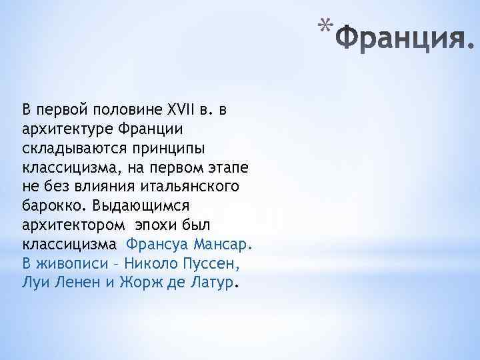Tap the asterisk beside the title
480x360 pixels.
(x=324, y=27)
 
